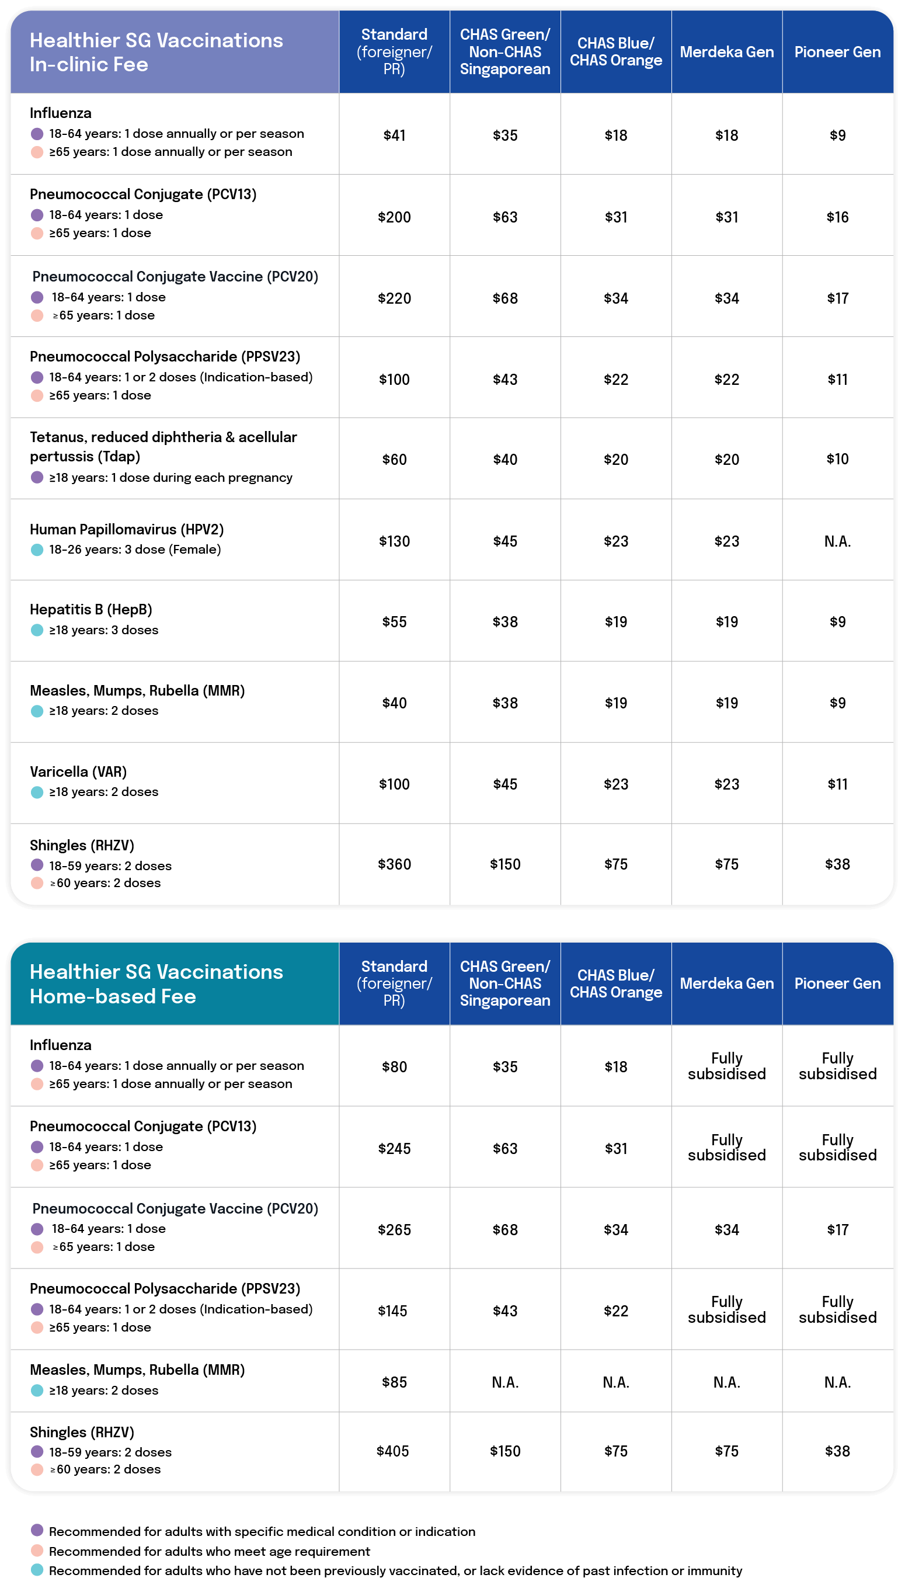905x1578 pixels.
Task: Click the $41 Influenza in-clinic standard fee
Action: (x=394, y=135)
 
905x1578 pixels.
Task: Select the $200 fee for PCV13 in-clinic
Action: (x=394, y=217)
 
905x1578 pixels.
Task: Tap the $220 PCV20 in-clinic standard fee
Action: (x=394, y=299)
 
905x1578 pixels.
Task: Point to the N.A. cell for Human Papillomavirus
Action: (x=837, y=541)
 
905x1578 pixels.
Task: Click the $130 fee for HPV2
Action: (x=394, y=541)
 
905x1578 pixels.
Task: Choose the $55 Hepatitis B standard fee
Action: (x=394, y=622)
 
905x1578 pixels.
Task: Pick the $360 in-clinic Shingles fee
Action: (x=394, y=864)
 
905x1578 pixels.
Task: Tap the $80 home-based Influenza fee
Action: (x=394, y=1067)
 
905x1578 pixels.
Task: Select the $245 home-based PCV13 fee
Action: (x=394, y=1149)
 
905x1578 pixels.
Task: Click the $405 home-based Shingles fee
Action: (x=393, y=1451)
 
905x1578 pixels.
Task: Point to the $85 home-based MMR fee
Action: (x=394, y=1382)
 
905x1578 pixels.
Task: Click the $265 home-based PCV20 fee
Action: (x=394, y=1229)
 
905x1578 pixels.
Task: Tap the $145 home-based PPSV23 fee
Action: (x=393, y=1311)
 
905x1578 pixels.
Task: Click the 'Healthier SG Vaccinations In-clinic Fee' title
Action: (x=156, y=52)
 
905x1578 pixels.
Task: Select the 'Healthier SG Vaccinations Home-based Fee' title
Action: (x=156, y=984)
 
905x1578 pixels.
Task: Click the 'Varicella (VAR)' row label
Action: (x=78, y=772)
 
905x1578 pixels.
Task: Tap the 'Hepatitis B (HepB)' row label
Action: (x=90, y=610)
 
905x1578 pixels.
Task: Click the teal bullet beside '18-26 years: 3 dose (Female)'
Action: (x=37, y=550)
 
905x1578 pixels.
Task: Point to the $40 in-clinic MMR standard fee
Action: (x=394, y=703)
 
